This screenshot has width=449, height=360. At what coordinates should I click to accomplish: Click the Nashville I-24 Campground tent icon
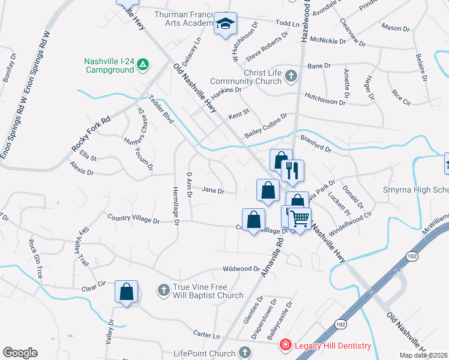[x=143, y=64]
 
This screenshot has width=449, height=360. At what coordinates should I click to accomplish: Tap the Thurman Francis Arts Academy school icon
[x=226, y=24]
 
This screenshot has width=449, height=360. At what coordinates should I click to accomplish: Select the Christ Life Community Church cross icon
[x=291, y=76]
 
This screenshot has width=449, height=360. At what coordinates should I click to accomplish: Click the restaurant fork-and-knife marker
[x=292, y=170]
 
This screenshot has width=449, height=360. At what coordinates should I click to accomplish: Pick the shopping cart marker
[x=300, y=217]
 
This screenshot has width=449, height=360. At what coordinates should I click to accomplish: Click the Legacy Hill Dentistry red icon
[x=286, y=345]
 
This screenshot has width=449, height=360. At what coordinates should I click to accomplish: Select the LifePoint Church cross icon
[x=244, y=353]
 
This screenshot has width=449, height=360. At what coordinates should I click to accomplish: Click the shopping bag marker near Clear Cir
[x=126, y=292]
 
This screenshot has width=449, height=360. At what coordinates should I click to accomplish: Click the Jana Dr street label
[x=212, y=191]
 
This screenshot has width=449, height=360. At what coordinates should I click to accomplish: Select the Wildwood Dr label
[x=240, y=269]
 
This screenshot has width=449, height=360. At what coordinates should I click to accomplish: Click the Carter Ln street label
[x=206, y=333]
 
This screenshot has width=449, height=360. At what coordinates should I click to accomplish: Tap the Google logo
[x=20, y=353]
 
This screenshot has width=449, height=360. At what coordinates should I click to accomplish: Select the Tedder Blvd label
[x=161, y=110]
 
